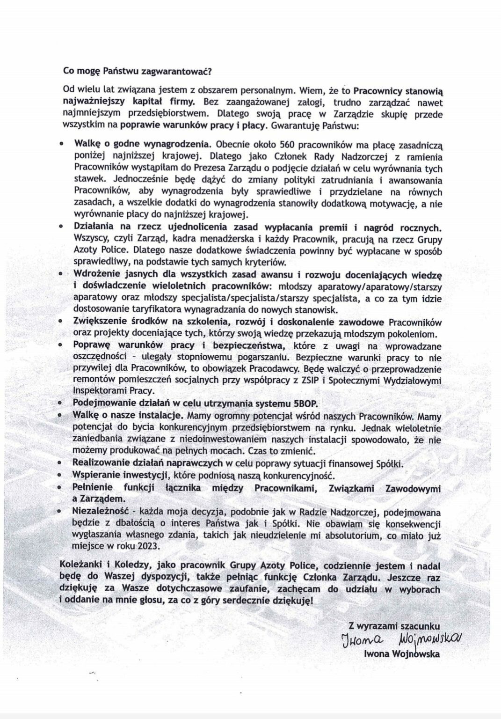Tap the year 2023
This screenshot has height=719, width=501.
point(147,546)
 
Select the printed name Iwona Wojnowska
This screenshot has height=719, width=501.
point(402,654)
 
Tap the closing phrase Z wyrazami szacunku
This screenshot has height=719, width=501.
point(395,625)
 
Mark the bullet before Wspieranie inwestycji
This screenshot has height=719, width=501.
point(62,477)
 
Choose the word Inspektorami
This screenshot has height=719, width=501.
point(99,391)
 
